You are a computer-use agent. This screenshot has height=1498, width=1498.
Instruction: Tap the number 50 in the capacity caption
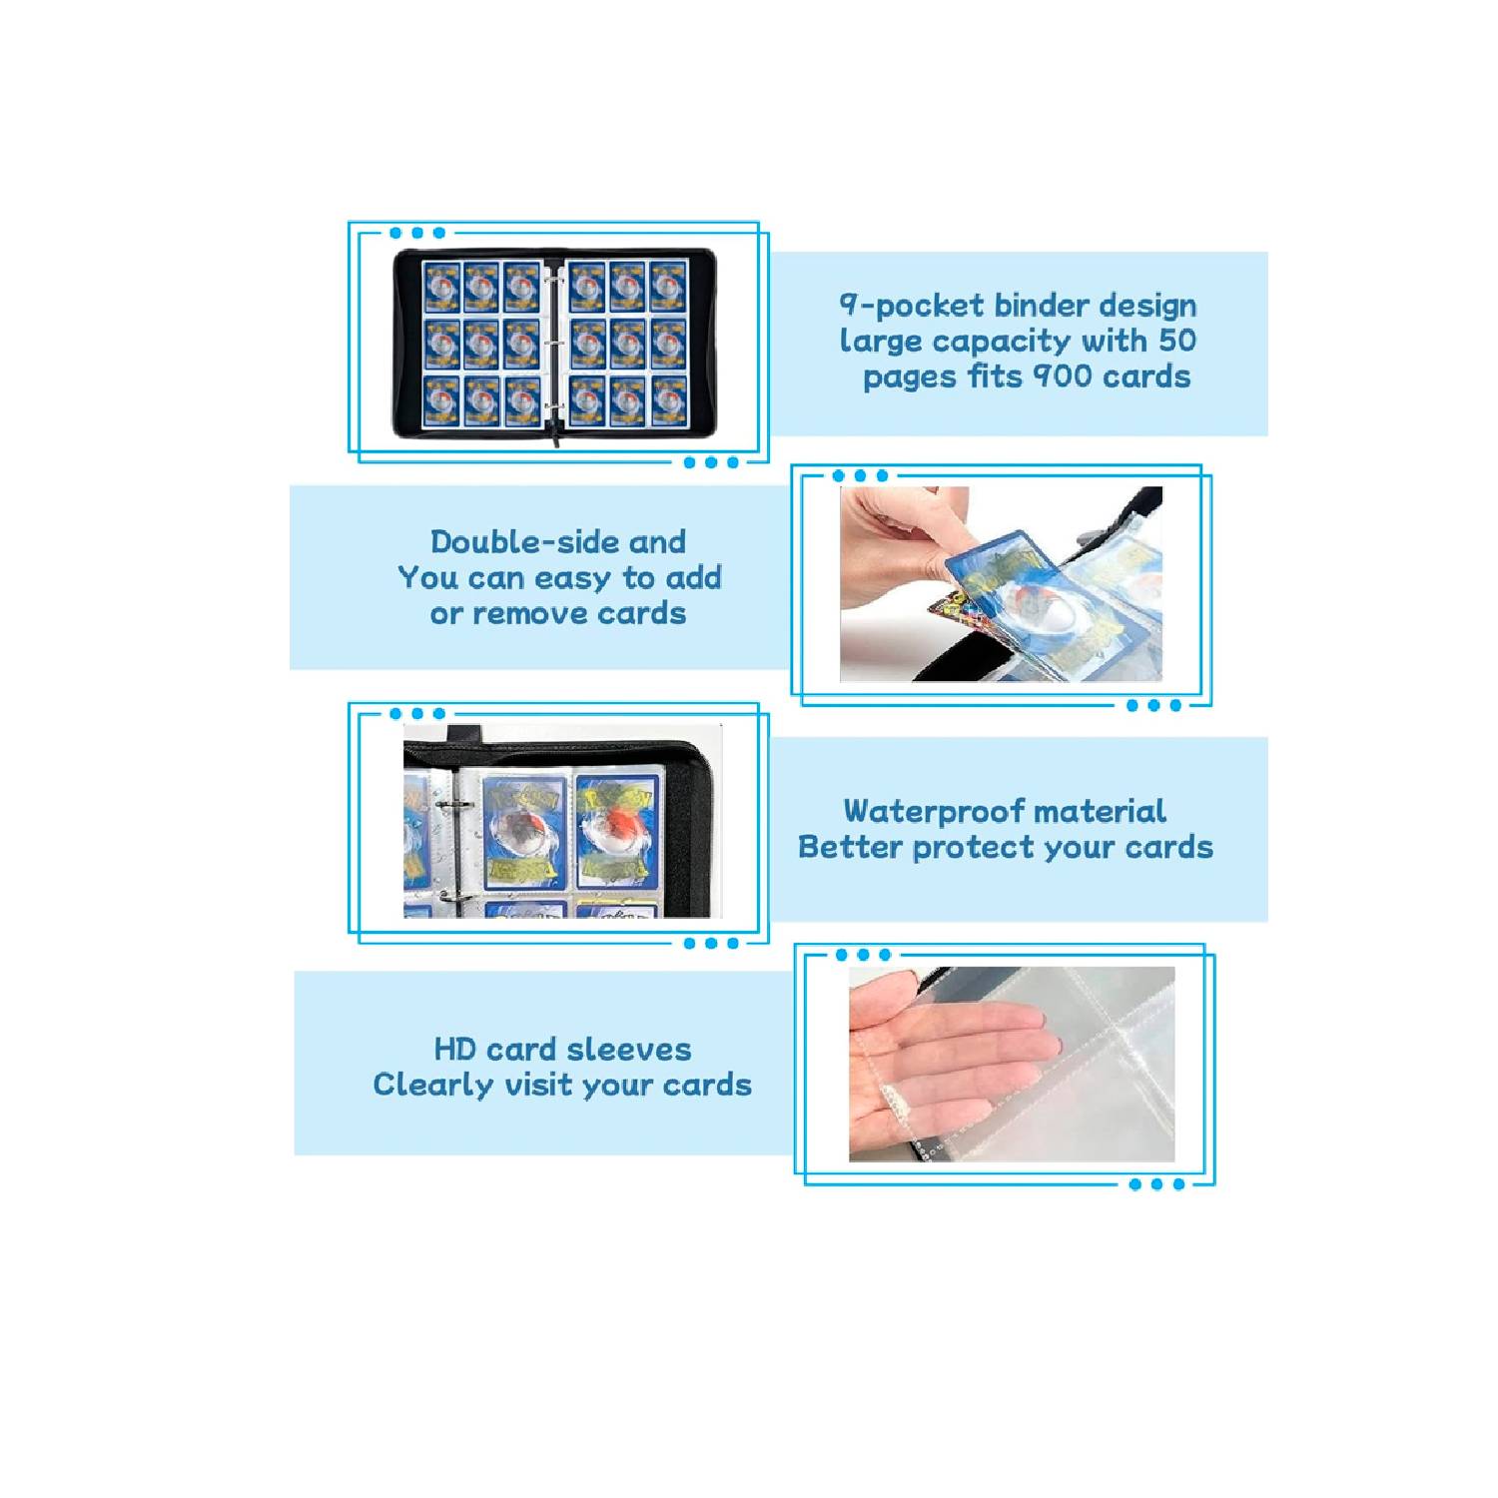click(x=1177, y=341)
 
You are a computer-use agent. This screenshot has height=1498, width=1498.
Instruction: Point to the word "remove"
click(x=531, y=614)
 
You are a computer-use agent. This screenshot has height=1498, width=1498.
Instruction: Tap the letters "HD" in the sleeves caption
click(x=454, y=1050)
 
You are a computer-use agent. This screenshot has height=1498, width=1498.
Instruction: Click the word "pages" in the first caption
click(x=910, y=378)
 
